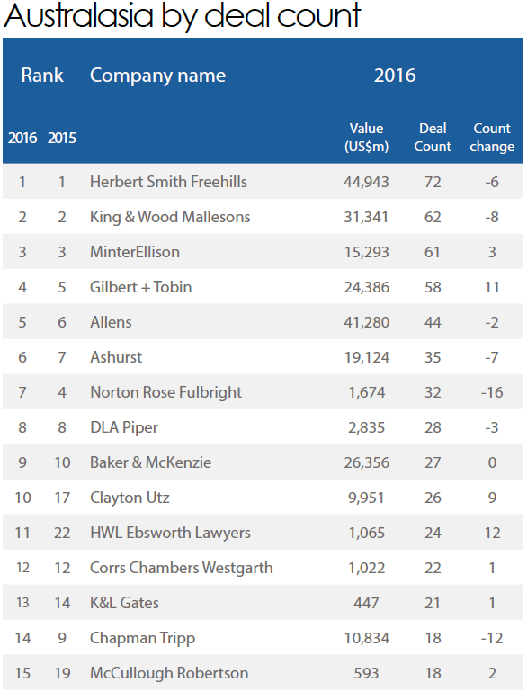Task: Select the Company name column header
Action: point(157,76)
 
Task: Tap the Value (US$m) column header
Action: point(367,137)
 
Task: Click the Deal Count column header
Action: point(433,137)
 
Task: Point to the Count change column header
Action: point(492,137)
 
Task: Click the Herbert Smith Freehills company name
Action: point(168,182)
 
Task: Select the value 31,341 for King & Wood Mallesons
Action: point(366,217)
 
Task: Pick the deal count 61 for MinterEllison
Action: point(433,252)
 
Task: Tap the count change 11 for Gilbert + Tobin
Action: point(492,287)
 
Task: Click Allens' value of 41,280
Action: point(367,322)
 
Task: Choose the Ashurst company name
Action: point(116,357)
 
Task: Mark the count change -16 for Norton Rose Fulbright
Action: point(492,392)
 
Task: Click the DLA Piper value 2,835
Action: point(367,427)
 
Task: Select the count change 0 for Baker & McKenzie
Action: point(492,462)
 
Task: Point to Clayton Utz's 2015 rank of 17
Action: point(62,498)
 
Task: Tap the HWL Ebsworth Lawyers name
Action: point(170,533)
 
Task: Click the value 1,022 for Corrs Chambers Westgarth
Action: point(367,568)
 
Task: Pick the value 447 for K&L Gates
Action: point(366,603)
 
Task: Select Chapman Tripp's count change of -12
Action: point(492,638)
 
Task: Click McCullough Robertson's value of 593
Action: point(366,673)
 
